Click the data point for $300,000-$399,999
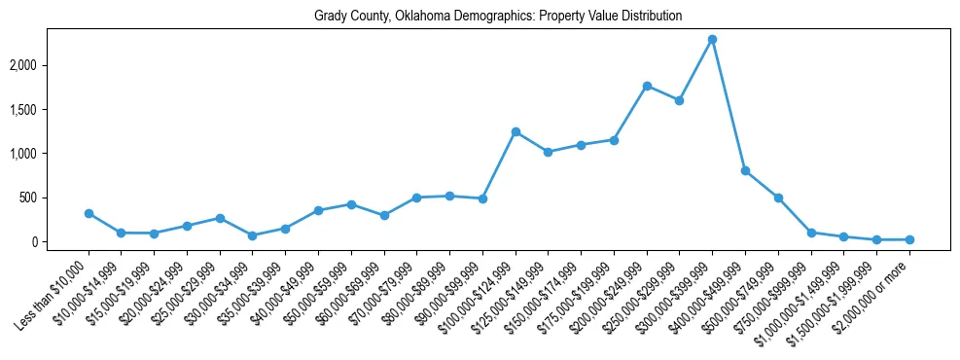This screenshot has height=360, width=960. pos(713,40)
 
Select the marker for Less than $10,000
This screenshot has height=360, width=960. pos(89,213)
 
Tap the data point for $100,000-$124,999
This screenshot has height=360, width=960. pos(516,131)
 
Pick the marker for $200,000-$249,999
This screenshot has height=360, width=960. pos(647,86)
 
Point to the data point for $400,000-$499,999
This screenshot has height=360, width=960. pos(745,170)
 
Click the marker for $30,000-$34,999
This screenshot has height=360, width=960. pos(253,235)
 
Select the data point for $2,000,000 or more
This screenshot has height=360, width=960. pos(909,239)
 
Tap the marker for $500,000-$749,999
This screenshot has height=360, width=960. pos(778,198)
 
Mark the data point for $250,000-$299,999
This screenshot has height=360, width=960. pos(680,100)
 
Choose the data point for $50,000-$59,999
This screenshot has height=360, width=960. pos(351,204)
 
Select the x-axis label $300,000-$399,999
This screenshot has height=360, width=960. pos(678,288)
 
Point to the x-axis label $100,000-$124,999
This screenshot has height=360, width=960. pos(481,288)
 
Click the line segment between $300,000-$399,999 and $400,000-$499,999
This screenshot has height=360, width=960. pos(729,105)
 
